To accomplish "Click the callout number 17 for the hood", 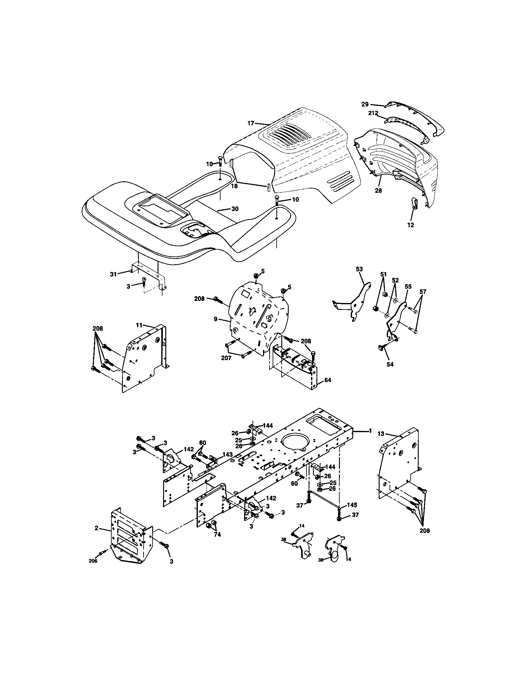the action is point(251,123).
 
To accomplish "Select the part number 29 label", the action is point(365,104).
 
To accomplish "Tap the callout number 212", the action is point(373,113).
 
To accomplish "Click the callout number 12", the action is point(411,225).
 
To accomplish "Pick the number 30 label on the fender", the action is point(235,209).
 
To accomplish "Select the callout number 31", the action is point(113,274).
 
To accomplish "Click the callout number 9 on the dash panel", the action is point(216,319).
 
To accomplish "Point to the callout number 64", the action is point(328,380).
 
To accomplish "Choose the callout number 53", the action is point(359,269).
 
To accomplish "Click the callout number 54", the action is point(390,364).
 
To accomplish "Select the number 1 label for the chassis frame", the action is point(370,431).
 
